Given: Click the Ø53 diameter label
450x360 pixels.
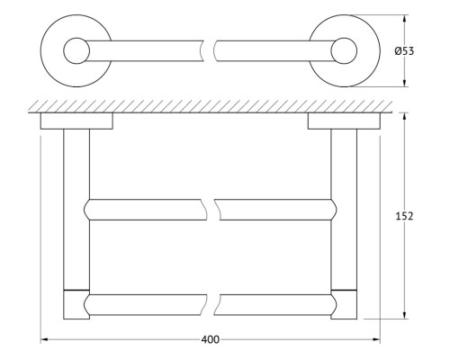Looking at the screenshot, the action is pos(404,51).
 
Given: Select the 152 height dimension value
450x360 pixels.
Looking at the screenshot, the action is pos(404,216).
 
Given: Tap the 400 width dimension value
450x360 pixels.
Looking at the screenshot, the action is pos(210,339).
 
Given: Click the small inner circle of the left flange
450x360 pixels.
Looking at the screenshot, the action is pos(76,50).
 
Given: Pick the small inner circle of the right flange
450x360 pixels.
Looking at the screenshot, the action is pos(344,50).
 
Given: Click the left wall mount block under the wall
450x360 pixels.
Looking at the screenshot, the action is pos(76,121).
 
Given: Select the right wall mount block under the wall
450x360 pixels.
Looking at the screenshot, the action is pos(344,121).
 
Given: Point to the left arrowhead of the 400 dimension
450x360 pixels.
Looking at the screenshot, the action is pos(44,339).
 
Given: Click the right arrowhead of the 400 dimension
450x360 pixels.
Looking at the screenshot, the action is pos(376,339).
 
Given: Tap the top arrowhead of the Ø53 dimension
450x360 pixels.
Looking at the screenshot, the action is pos(405,19).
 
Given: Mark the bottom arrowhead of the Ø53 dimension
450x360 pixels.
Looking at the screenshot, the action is pos(405,83).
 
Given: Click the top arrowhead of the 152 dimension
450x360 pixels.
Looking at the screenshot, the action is pos(405,117).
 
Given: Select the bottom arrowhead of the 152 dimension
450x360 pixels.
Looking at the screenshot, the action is pos(405,315).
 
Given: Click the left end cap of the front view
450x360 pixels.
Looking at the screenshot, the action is pos(76,304).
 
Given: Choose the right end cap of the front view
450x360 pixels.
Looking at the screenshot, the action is pos(344,304).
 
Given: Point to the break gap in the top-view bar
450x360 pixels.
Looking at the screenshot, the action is pos(210,50).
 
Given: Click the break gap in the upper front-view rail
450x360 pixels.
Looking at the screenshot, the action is pos(213,210).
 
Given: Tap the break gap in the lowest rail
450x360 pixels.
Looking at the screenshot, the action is pos(213,305).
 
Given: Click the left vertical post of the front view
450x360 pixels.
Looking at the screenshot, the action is pos(76,210).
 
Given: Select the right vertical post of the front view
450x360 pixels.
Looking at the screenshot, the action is pos(344,210).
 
